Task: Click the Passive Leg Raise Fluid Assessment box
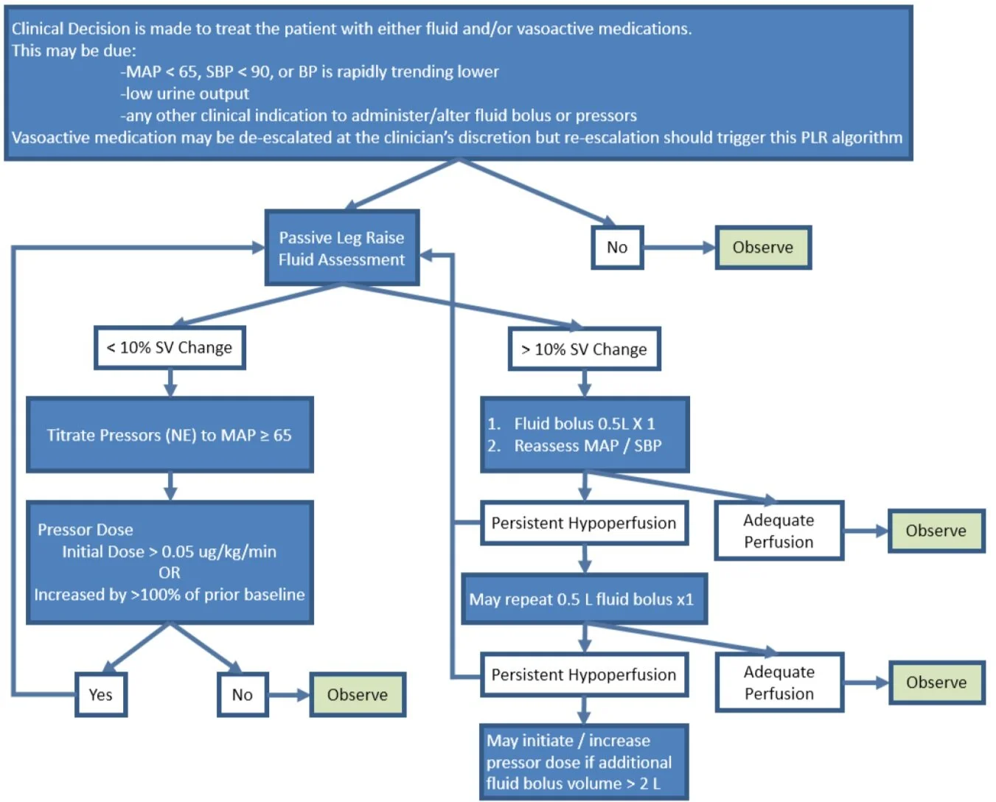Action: coord(341,248)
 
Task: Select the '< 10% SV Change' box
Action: coord(170,348)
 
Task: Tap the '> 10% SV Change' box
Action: coord(584,349)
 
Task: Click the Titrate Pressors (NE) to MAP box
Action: coord(170,435)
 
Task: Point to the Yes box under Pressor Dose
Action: coord(101,694)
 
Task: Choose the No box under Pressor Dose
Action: coord(243,694)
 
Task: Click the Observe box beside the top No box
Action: coord(762,248)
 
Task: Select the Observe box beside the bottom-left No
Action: coord(358,694)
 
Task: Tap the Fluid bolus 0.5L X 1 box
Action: coord(584,435)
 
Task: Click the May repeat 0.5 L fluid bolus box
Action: coord(584,599)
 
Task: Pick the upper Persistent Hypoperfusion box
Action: coord(584,523)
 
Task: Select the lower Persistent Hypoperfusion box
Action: coord(584,674)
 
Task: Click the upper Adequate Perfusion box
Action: coord(779,531)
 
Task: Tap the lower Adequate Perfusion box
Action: coord(779,683)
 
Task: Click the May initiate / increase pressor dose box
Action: coord(584,762)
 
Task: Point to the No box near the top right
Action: coord(617,248)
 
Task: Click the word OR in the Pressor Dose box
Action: coord(169,573)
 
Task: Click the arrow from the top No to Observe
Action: coord(678,248)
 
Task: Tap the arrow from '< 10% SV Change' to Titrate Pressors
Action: coord(170,383)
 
